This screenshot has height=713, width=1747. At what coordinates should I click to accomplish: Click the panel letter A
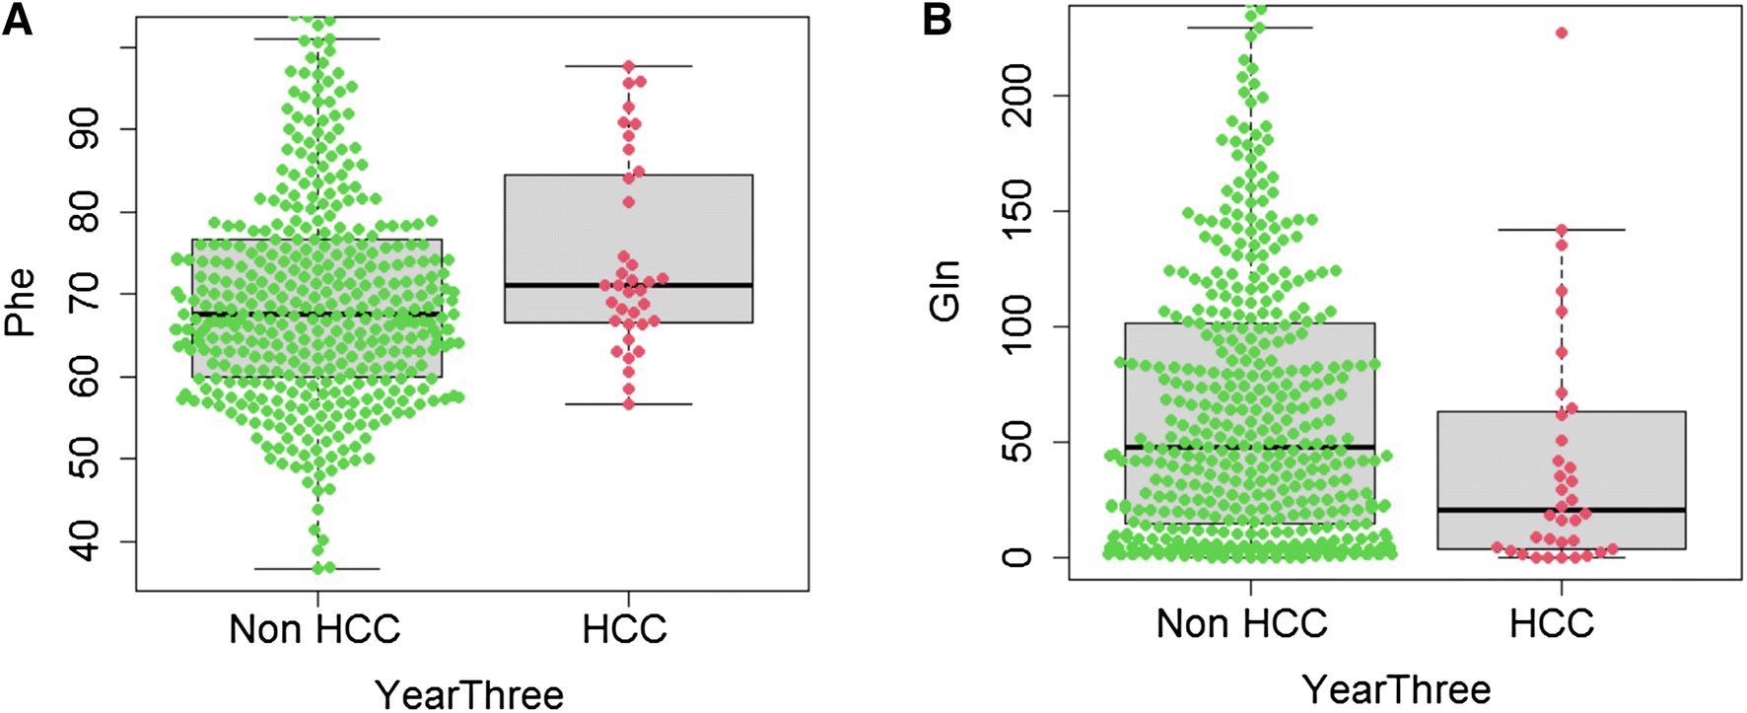coord(17,19)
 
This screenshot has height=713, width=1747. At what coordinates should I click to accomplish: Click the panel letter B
coord(937,19)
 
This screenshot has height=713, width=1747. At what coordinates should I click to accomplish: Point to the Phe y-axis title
coord(20,303)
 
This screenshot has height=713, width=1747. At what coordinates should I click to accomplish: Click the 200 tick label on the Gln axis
coord(1015,96)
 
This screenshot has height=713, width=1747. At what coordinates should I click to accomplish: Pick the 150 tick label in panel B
coord(1015,211)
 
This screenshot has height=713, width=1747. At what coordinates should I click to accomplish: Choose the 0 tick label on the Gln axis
coord(1015,557)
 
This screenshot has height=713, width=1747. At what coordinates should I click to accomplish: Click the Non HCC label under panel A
coord(314,628)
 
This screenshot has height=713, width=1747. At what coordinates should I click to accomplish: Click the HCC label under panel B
coord(1552,623)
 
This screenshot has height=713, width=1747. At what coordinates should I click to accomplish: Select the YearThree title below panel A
coord(469,693)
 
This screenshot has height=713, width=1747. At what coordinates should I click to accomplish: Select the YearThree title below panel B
coord(1396,688)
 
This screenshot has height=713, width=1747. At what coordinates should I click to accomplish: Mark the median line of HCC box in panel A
coord(690,285)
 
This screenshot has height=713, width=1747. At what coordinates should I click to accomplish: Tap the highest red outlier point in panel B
coord(1562,34)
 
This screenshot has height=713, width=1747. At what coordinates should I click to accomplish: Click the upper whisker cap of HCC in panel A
coord(628,65)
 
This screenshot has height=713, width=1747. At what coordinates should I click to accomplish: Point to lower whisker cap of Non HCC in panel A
coord(317,569)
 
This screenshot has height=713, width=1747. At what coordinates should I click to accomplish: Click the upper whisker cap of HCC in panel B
coord(1562,230)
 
